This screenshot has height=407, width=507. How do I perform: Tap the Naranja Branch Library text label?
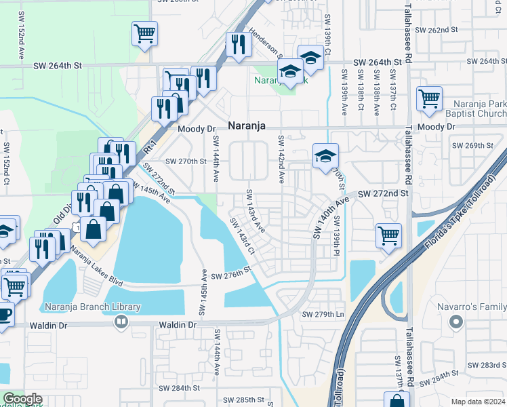[92, 307]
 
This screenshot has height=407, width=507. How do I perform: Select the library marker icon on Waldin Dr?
[121, 322]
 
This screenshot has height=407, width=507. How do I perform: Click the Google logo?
[23, 399]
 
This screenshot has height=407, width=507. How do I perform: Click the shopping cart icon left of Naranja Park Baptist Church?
[429, 98]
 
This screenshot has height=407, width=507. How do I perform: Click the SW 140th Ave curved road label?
[331, 218]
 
